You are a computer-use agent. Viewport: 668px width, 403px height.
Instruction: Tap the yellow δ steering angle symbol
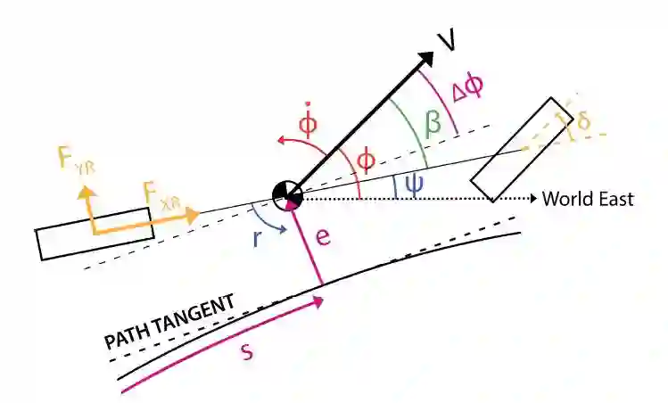582,121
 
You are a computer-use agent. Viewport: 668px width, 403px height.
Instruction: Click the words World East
588,200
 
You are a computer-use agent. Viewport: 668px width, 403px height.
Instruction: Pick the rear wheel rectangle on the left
95,234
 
